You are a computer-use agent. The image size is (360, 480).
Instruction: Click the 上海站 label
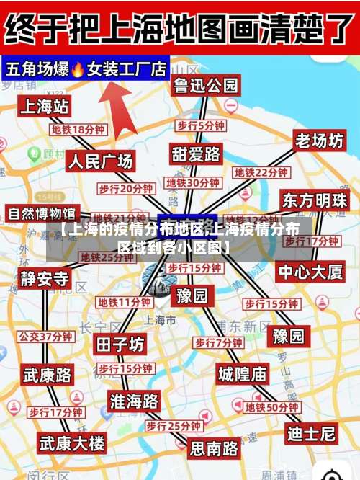[x=44, y=107]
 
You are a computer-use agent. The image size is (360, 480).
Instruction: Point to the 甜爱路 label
[x=196, y=154]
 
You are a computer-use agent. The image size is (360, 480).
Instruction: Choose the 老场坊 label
[x=319, y=141]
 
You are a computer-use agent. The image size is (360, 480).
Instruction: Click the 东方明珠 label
[x=315, y=200]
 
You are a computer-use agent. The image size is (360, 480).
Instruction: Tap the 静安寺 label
[x=45, y=279]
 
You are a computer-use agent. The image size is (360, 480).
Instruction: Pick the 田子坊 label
[x=120, y=345]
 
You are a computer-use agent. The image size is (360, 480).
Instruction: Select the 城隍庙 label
[x=242, y=373]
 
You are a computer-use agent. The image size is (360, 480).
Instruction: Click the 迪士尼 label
[x=311, y=433]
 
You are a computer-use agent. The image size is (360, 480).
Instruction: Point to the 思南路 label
[x=215, y=448]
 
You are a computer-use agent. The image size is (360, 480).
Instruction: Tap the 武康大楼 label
[x=72, y=441]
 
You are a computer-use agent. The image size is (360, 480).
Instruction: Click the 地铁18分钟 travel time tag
[x=78, y=130]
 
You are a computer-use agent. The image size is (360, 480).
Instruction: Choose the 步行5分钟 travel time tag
[x=201, y=125]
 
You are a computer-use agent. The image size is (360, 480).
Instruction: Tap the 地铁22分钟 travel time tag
[x=261, y=173]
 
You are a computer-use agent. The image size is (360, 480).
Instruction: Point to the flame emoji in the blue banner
[x=78, y=69]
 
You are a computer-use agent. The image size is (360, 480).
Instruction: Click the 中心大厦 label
[x=311, y=272]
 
